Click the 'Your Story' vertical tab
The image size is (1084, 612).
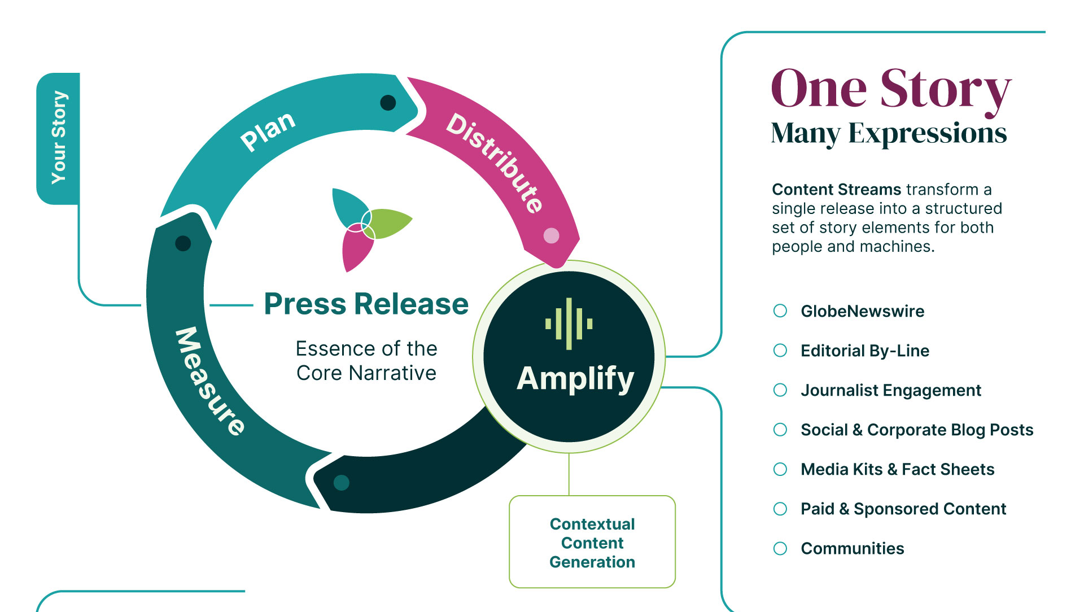click(58, 138)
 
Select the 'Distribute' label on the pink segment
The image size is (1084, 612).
click(495, 163)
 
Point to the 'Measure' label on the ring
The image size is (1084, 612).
click(209, 381)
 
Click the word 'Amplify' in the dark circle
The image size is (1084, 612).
click(575, 379)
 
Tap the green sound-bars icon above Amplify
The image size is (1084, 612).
click(569, 324)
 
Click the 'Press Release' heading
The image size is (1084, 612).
click(366, 304)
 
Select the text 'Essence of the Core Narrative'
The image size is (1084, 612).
click(366, 361)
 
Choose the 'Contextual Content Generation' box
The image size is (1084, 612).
click(592, 542)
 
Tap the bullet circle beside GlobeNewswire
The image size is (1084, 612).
click(780, 311)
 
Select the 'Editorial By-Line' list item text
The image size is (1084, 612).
click(865, 351)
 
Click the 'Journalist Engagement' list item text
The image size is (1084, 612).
click(891, 391)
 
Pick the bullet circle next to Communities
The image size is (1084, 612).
click(780, 548)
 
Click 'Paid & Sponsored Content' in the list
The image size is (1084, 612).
click(903, 509)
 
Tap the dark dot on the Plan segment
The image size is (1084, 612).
click(388, 103)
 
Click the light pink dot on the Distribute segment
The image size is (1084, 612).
click(551, 236)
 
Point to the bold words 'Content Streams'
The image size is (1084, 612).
click(837, 189)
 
